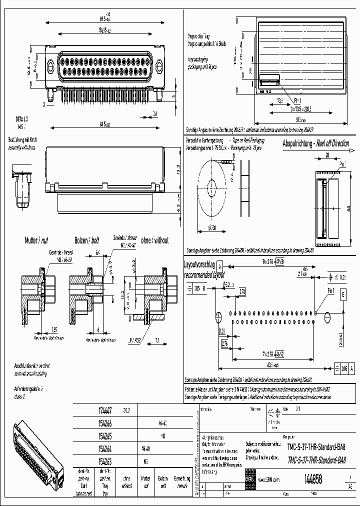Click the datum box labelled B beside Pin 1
click(x=343, y=295)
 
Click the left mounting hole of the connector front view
click(x=50, y=66)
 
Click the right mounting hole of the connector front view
click(x=159, y=66)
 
